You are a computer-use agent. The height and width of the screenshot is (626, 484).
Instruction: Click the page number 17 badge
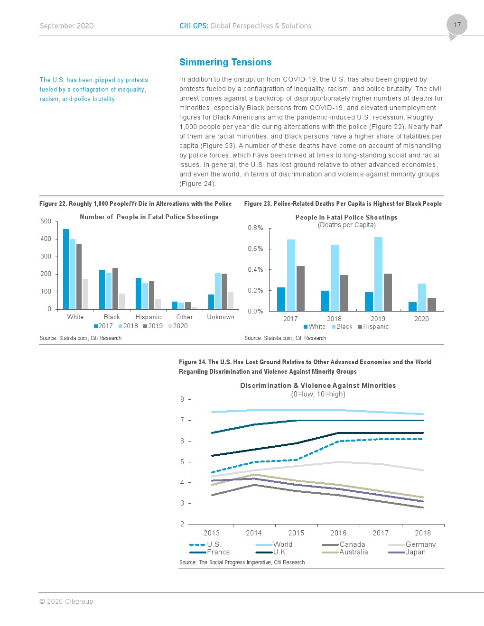[x=457, y=25]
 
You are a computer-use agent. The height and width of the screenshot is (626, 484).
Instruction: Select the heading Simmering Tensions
[x=225, y=62]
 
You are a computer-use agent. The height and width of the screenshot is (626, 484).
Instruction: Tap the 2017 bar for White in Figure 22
[x=66, y=269]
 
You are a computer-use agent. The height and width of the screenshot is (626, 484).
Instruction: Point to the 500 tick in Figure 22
[x=46, y=221]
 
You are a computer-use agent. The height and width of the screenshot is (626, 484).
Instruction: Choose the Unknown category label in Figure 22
[x=221, y=317]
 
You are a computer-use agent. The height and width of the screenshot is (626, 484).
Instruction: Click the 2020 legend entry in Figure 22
[x=178, y=326]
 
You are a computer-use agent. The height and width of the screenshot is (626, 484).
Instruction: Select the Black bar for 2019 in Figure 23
[x=378, y=274]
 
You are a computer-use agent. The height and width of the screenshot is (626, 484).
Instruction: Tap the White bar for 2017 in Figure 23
[x=281, y=299]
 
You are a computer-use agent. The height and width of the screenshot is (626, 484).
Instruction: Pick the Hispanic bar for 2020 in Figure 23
[x=432, y=304]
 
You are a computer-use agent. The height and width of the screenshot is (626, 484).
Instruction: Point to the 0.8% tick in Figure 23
[x=255, y=228]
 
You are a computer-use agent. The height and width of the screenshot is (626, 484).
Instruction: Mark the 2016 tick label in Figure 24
[x=338, y=533]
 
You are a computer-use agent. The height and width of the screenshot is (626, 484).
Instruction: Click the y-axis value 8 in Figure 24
[x=182, y=399]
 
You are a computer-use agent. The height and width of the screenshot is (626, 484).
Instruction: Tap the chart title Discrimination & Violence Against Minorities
[x=318, y=386]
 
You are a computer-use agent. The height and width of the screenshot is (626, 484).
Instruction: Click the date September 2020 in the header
[x=66, y=26]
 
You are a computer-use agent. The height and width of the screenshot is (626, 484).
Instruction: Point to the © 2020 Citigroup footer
[x=66, y=601]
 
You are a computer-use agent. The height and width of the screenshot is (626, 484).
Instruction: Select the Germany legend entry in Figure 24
[x=420, y=544]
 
